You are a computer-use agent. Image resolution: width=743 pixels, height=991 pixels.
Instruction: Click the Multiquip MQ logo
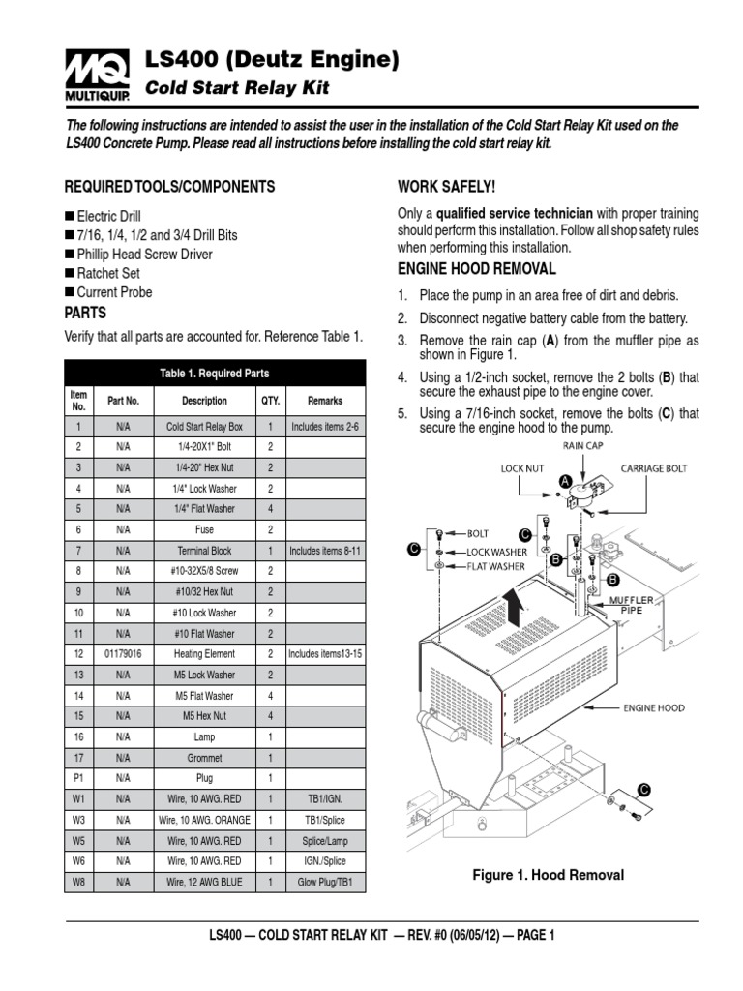click(x=94, y=75)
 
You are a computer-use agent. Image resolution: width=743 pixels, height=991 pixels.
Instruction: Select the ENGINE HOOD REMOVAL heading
click(x=477, y=268)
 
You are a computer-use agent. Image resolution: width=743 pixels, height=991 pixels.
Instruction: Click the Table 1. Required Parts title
click(x=215, y=373)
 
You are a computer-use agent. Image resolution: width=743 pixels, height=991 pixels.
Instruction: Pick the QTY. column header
click(x=270, y=401)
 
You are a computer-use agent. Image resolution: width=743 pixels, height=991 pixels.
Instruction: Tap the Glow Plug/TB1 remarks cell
click(x=324, y=882)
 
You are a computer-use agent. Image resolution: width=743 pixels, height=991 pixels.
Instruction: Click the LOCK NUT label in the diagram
click(x=523, y=468)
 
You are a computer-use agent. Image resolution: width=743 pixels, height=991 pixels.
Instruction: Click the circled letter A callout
click(x=563, y=481)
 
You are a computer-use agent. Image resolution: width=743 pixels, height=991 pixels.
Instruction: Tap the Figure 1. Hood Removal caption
click(x=548, y=875)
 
